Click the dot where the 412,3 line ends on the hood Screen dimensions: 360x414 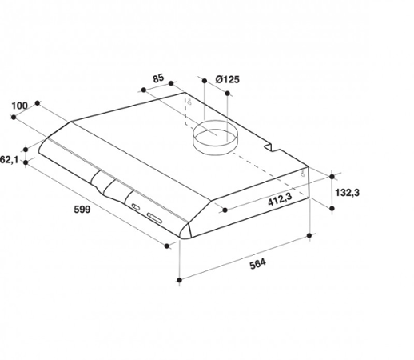pyautogui.click(x=226, y=211)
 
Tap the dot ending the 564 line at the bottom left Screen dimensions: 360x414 pyautogui.click(x=181, y=279)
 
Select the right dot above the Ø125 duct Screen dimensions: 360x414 pyautogui.click(x=231, y=93)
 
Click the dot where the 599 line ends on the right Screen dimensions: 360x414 pyautogui.click(x=168, y=246)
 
